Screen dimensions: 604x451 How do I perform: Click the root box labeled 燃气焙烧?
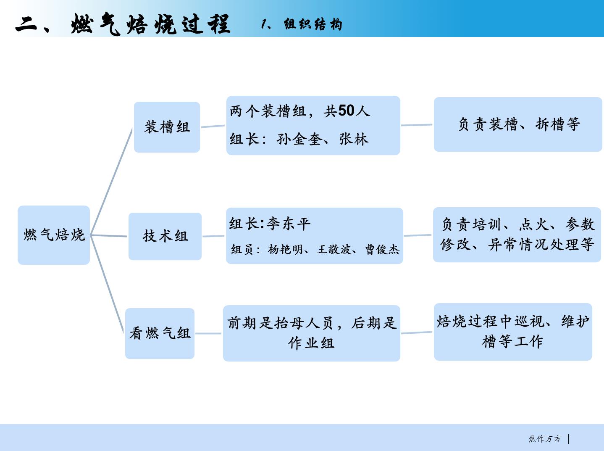(x=54, y=235)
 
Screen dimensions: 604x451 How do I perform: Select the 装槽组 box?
(x=167, y=127)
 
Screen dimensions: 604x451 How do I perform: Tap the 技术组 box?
(x=165, y=236)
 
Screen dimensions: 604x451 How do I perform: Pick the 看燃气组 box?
(x=160, y=333)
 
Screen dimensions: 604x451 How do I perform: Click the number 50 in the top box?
(x=346, y=111)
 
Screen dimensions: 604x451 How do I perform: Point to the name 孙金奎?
(x=299, y=139)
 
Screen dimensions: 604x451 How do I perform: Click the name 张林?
(x=354, y=139)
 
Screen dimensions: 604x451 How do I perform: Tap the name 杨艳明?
(x=285, y=249)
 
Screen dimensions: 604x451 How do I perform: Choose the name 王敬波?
(x=334, y=249)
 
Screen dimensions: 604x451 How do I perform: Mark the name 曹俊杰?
(x=382, y=249)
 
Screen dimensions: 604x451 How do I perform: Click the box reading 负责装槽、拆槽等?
(x=518, y=124)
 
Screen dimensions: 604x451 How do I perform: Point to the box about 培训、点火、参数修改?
(x=517, y=235)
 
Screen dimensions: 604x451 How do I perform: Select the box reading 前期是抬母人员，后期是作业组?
(x=312, y=333)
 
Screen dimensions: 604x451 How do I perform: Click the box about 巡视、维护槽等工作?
(x=513, y=332)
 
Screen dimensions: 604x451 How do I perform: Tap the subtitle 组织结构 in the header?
(x=313, y=24)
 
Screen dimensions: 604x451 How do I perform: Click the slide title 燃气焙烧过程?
(x=150, y=24)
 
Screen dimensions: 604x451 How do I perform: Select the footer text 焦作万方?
(x=545, y=439)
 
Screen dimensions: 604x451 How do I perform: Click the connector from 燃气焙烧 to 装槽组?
(x=111, y=182)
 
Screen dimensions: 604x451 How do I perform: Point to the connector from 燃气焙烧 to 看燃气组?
(x=107, y=284)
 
